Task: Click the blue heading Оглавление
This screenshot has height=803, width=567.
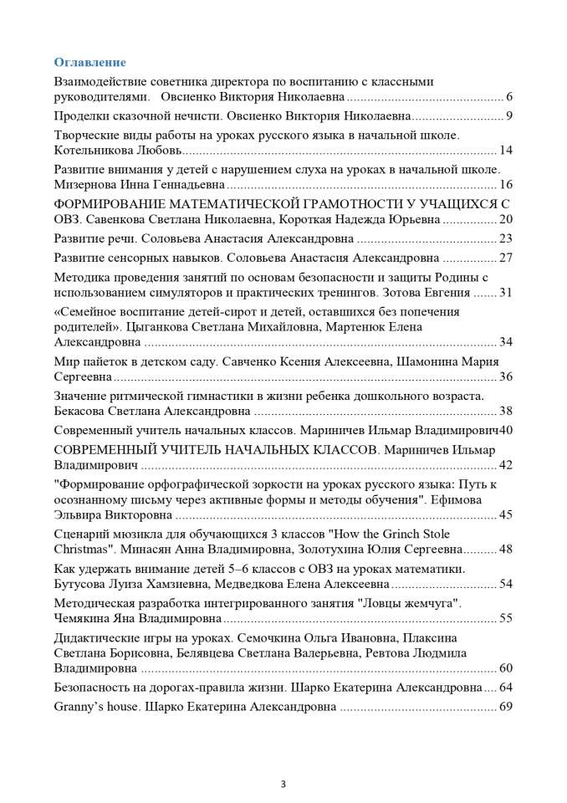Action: click(x=89, y=62)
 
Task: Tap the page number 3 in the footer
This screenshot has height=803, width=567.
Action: click(x=283, y=784)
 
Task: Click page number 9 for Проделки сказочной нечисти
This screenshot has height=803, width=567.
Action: click(x=508, y=115)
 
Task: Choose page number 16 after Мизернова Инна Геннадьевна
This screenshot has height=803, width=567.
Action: click(x=505, y=185)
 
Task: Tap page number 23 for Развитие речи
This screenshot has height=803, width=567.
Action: click(x=505, y=238)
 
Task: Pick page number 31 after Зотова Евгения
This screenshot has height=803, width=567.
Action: click(x=505, y=292)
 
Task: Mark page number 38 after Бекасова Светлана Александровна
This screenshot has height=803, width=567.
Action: click(x=505, y=411)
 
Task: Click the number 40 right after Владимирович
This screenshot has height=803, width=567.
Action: click(x=505, y=430)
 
